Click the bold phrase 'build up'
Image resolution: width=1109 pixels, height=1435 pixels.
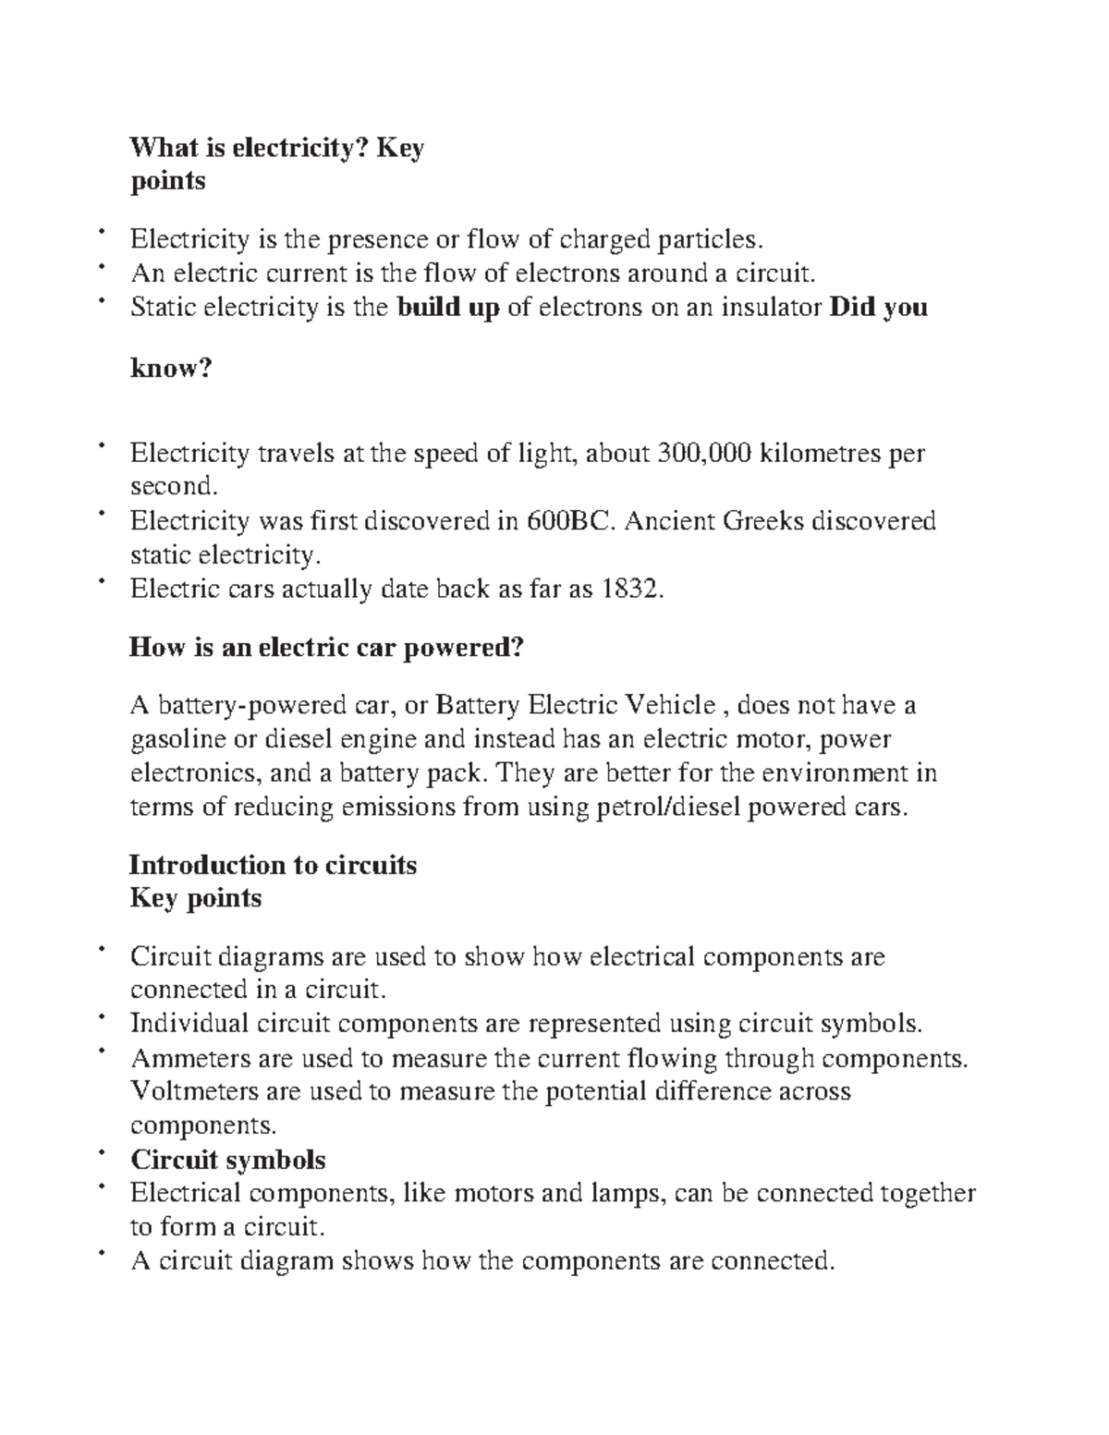click(x=448, y=307)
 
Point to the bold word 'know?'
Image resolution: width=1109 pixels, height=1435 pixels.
click(x=171, y=369)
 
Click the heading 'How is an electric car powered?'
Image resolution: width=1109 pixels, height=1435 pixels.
click(x=326, y=648)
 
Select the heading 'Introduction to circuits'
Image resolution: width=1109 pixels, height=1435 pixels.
click(x=273, y=865)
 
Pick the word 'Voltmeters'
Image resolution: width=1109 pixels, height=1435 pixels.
click(x=193, y=1091)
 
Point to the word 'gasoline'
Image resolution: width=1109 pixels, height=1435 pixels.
click(x=177, y=739)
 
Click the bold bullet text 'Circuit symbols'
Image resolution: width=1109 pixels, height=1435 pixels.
click(x=227, y=1159)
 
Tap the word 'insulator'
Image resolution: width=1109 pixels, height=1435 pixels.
click(x=768, y=307)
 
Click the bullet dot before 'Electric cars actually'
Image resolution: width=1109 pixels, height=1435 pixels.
click(x=101, y=582)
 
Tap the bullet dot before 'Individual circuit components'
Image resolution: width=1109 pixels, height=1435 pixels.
click(x=101, y=1016)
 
